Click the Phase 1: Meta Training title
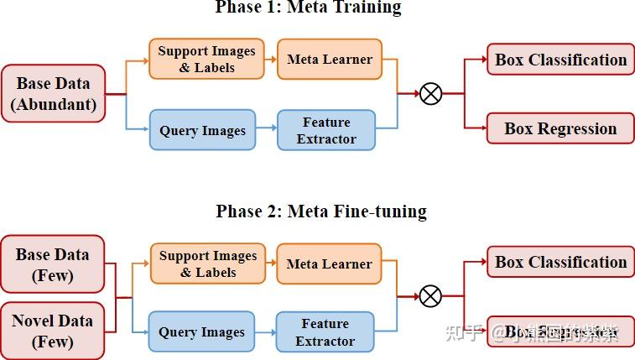pos(308,8)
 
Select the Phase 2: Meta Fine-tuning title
pos(321,211)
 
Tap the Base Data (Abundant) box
pos(53,93)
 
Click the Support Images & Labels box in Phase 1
pos(206,59)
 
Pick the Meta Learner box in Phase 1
pos(329,59)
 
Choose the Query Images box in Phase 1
pos(202,130)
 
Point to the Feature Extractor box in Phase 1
pos(326,130)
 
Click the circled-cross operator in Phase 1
pos(430,93)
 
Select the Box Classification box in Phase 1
pos(560,60)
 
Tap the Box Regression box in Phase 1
pos(560,128)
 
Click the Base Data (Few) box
pos(52,264)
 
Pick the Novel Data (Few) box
pos(52,331)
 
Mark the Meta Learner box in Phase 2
pos(329,263)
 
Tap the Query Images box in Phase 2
pos(201,331)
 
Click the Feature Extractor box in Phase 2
pos(325,331)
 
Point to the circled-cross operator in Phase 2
pos(430,295)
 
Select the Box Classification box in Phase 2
pos(560,262)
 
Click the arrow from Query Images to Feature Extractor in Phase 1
pos(266,129)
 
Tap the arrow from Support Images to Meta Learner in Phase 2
pos(271,263)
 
